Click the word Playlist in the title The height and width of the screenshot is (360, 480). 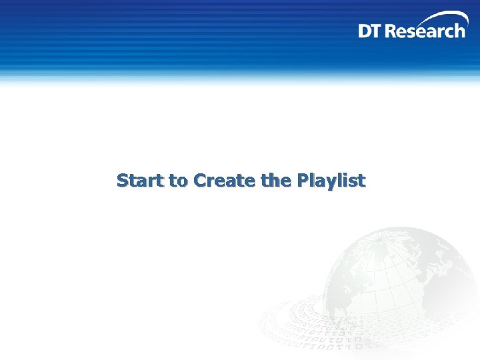click(331, 181)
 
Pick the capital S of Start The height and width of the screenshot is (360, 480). click(123, 181)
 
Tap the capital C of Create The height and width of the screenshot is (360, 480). click(199, 181)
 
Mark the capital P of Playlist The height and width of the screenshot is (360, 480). click(303, 181)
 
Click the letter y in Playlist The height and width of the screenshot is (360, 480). click(333, 183)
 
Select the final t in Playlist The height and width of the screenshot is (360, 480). click(361, 181)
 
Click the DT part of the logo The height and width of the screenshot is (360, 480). click(371, 31)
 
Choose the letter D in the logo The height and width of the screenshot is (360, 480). click(365, 31)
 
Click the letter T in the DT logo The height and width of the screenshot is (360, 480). click(378, 31)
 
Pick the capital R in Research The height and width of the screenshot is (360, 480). click(391, 31)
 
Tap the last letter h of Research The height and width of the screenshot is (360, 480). click(459, 31)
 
